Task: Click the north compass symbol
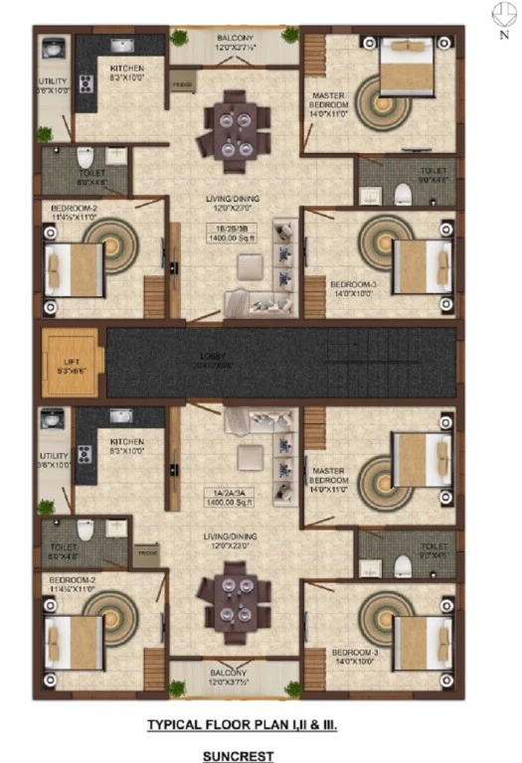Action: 501,15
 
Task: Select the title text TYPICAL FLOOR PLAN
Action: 242,726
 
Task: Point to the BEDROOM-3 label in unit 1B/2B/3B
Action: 353,288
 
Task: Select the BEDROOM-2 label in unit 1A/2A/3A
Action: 71,582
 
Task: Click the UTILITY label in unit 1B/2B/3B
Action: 52,85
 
